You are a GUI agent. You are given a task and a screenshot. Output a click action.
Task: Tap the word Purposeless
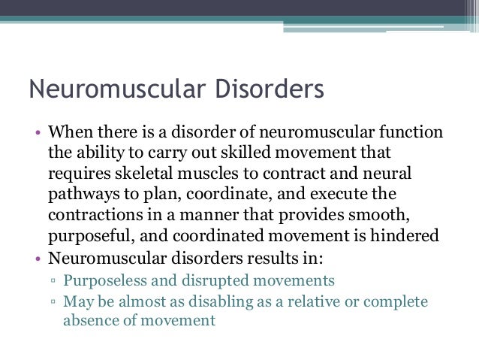point(108,281)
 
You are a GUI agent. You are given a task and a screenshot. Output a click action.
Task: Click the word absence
point(91,320)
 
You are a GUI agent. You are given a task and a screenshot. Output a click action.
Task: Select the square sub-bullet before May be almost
point(53,302)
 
